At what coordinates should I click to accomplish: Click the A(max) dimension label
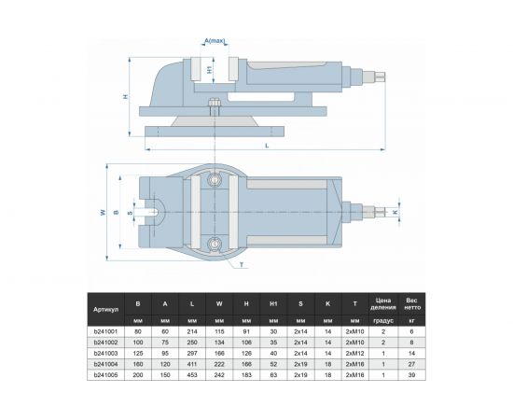(x=215, y=41)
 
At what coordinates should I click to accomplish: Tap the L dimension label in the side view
(x=267, y=146)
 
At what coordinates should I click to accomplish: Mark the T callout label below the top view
(x=242, y=265)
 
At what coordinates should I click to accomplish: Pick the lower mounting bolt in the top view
(x=216, y=246)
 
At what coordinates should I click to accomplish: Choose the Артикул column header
(x=104, y=308)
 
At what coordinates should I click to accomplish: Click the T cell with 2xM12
(x=355, y=354)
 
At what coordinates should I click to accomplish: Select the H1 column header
(x=272, y=303)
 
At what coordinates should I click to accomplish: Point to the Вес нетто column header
(x=410, y=303)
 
